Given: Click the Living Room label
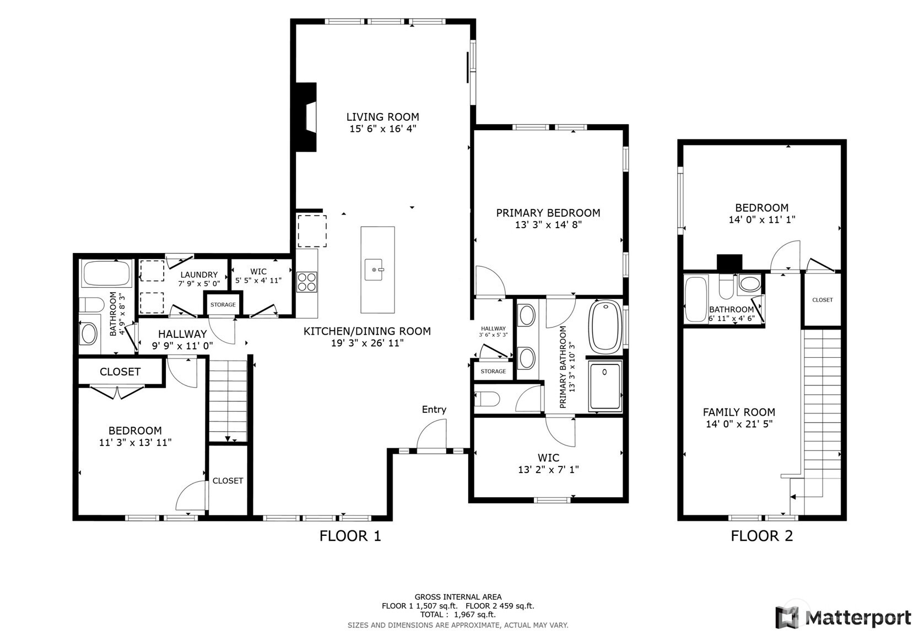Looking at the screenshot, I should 382,117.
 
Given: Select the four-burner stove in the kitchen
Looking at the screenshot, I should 307,282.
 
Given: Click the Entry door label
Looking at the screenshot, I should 434,409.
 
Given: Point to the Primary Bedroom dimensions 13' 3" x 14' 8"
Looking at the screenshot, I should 548,225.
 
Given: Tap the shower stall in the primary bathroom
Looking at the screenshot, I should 604,386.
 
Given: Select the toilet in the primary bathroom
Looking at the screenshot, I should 487,399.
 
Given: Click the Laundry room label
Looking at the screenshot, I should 199,275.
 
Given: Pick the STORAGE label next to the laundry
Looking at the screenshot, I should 223,304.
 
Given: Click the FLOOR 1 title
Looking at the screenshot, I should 350,535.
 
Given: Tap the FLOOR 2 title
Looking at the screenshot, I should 761,535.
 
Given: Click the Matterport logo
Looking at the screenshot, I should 843,617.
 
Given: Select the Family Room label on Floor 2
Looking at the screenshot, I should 739,412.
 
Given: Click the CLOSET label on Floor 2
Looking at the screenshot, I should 822,300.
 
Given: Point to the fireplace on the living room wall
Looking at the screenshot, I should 307,117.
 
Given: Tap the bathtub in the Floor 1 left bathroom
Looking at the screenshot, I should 106,273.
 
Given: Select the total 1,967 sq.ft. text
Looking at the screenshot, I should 458,614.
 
